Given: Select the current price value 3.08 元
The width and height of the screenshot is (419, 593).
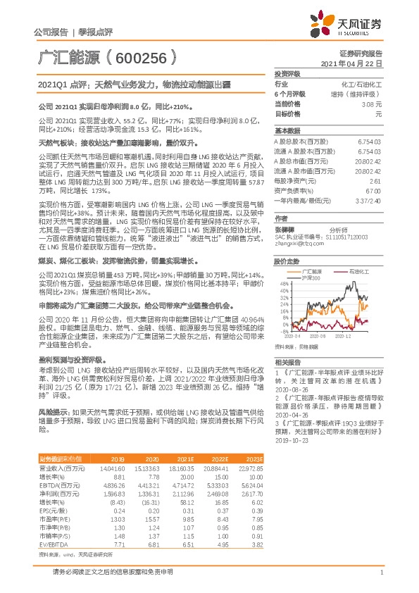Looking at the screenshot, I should click(366, 104).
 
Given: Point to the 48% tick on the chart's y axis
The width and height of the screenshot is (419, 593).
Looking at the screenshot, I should click(284, 284).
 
